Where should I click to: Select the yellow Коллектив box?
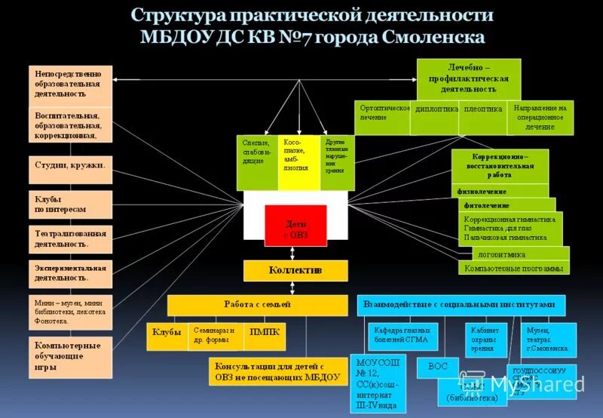295,270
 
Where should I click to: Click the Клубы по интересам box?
70,204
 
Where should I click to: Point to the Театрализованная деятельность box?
70,238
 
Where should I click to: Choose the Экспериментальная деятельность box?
70,272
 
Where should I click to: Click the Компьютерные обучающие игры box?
70,357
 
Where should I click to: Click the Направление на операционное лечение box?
539,118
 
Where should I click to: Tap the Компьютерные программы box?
513,268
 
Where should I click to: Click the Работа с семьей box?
256,305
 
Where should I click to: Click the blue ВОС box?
438,367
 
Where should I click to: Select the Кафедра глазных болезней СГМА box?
402,335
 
